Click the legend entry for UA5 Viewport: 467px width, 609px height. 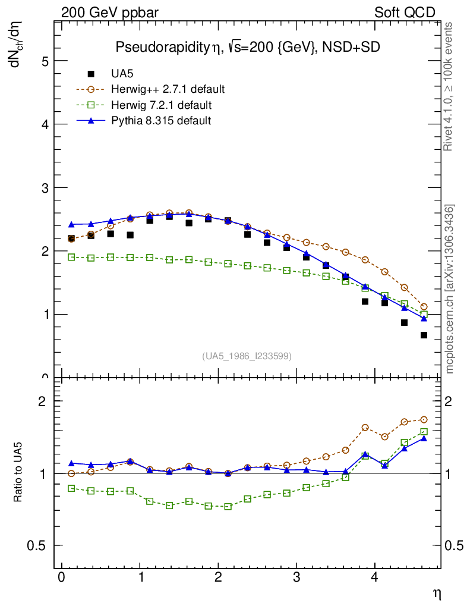(x=123, y=74)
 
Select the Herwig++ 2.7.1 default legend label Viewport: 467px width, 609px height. (x=168, y=89)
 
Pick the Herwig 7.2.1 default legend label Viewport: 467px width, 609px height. (x=162, y=105)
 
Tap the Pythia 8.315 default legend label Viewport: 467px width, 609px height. (x=161, y=121)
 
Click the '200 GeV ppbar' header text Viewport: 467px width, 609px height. (x=110, y=12)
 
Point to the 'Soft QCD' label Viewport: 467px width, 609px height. (x=405, y=12)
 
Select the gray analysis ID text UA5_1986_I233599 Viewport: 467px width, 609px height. (x=247, y=356)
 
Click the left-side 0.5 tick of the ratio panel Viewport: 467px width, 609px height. (x=38, y=545)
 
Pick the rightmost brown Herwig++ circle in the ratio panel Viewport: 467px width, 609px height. (x=424, y=419)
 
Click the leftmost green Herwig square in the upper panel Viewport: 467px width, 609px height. (x=71, y=257)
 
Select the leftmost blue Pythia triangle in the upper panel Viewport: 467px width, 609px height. (x=71, y=224)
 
